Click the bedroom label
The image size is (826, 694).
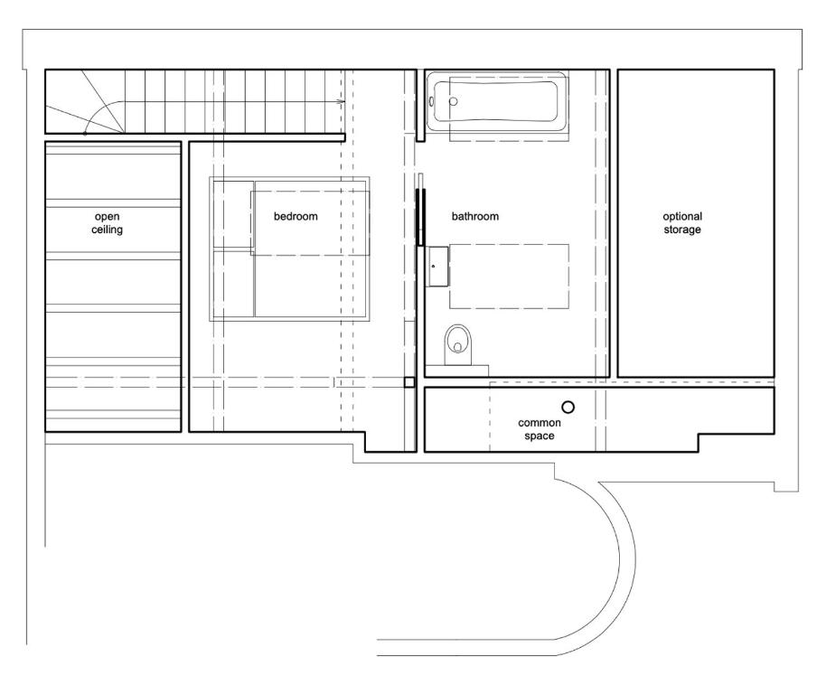pyautogui.click(x=296, y=216)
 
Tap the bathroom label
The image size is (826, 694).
pyautogui.click(x=475, y=216)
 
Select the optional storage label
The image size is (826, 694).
pyautogui.click(x=682, y=222)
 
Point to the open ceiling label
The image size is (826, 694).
pyautogui.click(x=107, y=222)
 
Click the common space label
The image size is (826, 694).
pyautogui.click(x=540, y=429)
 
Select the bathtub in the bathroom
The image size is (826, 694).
pyautogui.click(x=497, y=101)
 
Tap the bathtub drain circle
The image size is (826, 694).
pyautogui.click(x=453, y=101)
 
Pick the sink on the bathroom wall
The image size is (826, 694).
pyautogui.click(x=437, y=267)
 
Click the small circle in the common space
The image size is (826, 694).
pyautogui.click(x=568, y=407)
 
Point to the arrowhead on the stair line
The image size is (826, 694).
pyautogui.click(x=342, y=101)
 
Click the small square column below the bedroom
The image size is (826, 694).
pyautogui.click(x=409, y=382)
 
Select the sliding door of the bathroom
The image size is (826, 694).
pyautogui.click(x=420, y=217)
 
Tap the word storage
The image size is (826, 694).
pyautogui.click(x=682, y=230)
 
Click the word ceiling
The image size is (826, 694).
pyautogui.click(x=107, y=230)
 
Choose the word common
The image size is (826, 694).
pyautogui.click(x=540, y=423)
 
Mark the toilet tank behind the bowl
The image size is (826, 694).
pyautogui.click(x=456, y=370)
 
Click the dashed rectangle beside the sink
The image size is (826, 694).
pyautogui.click(x=509, y=276)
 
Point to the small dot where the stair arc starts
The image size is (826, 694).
pyautogui.click(x=85, y=133)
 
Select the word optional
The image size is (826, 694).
pyautogui.click(x=682, y=216)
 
